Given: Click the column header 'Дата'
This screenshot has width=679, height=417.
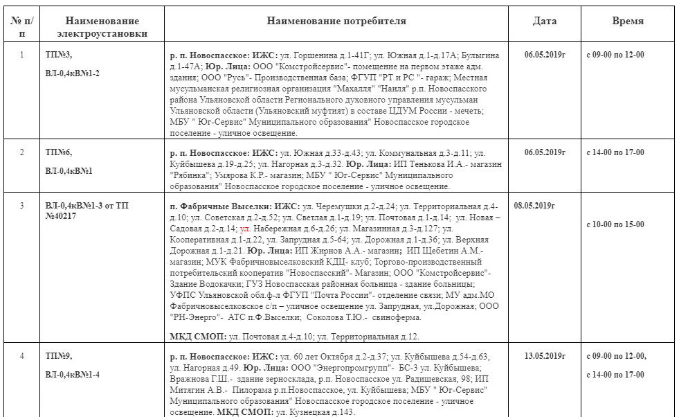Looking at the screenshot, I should point(544,21).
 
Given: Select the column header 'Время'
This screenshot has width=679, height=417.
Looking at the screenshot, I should point(628,21).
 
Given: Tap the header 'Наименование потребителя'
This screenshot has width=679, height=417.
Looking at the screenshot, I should point(336,21).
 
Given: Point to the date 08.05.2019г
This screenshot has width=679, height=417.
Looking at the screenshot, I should point(535,206).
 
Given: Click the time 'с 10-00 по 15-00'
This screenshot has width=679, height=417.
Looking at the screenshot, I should point(615,224).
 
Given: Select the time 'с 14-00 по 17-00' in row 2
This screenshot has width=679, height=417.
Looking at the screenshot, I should point(615,152).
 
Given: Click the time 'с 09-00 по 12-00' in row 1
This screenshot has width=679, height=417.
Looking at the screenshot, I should point(615,55).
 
